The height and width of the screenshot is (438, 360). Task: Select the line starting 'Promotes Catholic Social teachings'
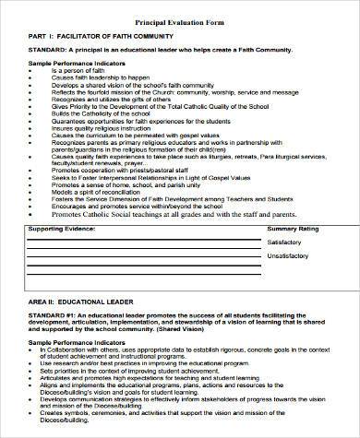point(185,236)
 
